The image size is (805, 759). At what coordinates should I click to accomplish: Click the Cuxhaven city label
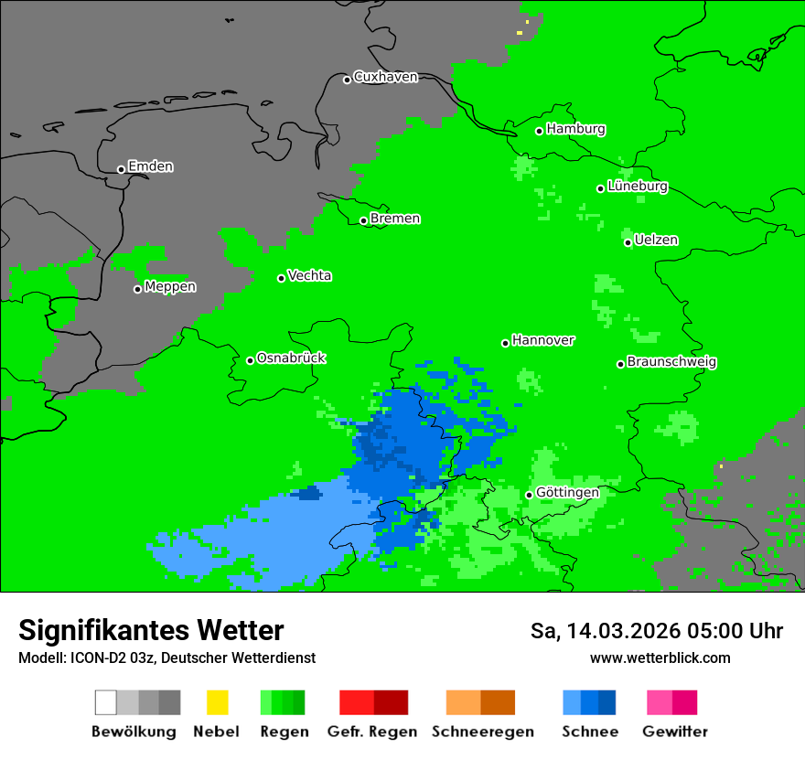[385, 77]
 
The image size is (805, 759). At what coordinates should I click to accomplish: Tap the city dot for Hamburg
[540, 131]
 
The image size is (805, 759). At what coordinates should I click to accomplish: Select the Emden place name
[150, 166]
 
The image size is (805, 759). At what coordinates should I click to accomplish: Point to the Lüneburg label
[638, 186]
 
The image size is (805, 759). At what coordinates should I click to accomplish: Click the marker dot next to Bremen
[363, 220]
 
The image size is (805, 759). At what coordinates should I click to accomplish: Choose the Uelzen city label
[656, 240]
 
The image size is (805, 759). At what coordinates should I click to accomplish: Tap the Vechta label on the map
[309, 275]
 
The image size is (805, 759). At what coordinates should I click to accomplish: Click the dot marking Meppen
[138, 289]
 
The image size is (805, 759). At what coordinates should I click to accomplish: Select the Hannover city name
[543, 340]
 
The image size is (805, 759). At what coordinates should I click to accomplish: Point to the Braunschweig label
[671, 361]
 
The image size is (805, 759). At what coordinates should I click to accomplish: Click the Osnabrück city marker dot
[250, 360]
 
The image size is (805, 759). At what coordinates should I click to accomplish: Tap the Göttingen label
[567, 492]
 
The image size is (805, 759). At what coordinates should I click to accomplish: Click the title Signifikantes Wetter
[151, 630]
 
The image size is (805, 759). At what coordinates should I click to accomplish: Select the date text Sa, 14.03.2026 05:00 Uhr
[656, 631]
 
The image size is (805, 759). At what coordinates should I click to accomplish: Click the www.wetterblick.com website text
[660, 657]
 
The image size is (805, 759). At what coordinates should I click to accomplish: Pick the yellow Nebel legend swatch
[217, 702]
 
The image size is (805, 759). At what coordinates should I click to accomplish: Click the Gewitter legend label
[674, 732]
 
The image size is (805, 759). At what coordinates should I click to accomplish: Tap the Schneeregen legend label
[482, 732]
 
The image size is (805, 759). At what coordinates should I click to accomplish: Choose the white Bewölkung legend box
[106, 702]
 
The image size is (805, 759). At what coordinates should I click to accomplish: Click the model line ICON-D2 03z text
[166, 657]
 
